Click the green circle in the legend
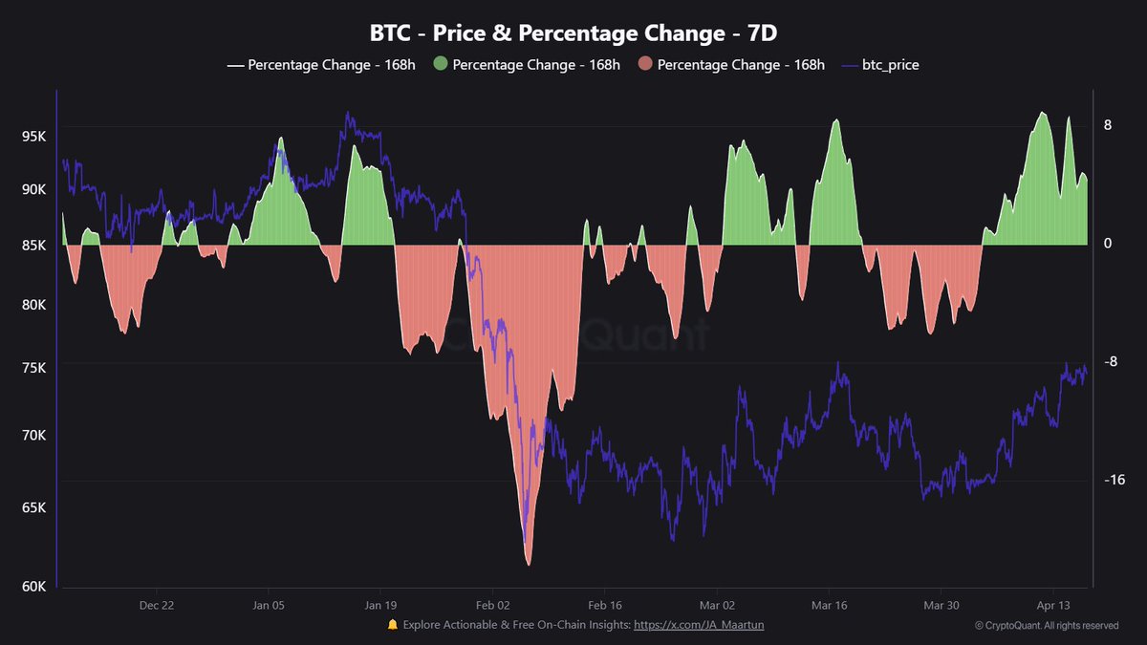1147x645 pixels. [440, 65]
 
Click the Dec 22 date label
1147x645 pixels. [156, 605]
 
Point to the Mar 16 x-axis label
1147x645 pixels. [829, 605]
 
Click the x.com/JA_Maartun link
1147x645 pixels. [699, 625]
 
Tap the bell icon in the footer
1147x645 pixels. [392, 625]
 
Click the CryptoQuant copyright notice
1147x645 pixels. [1046, 626]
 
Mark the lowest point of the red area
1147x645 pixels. [528, 564]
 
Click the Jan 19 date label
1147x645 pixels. [380, 605]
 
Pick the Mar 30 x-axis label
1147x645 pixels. [941, 605]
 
